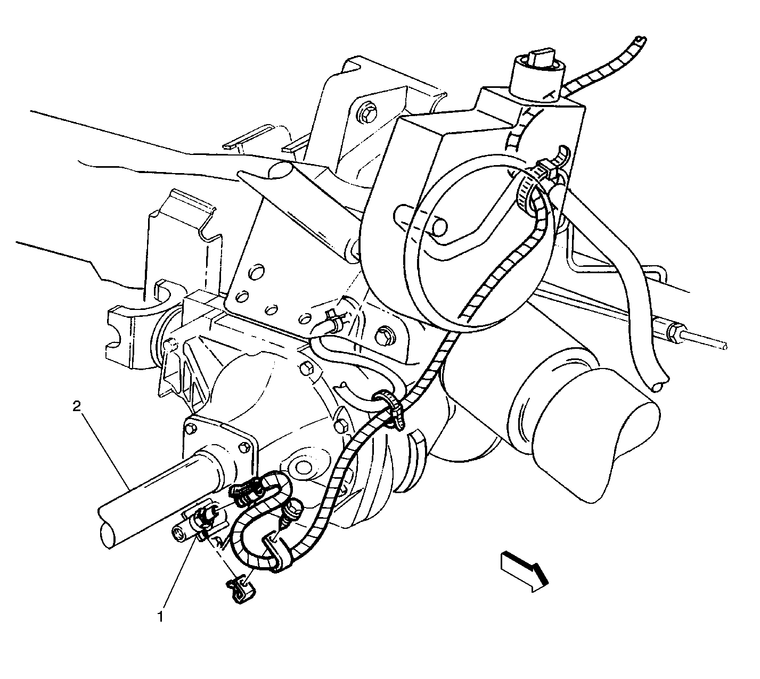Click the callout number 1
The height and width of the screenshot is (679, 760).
[160, 616]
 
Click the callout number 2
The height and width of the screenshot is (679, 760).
[77, 407]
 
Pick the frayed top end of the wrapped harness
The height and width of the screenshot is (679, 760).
[640, 40]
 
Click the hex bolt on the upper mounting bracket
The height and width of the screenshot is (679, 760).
[366, 113]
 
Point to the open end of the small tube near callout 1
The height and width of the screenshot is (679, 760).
[178, 534]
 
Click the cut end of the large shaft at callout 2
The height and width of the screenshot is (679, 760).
[107, 537]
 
